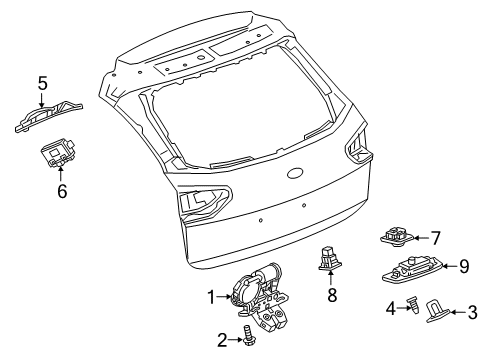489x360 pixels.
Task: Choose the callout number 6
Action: (x=61, y=187)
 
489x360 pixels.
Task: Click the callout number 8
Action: (x=332, y=296)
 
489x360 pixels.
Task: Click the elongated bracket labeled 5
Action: (x=48, y=117)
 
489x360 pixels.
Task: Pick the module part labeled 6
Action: (x=59, y=156)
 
